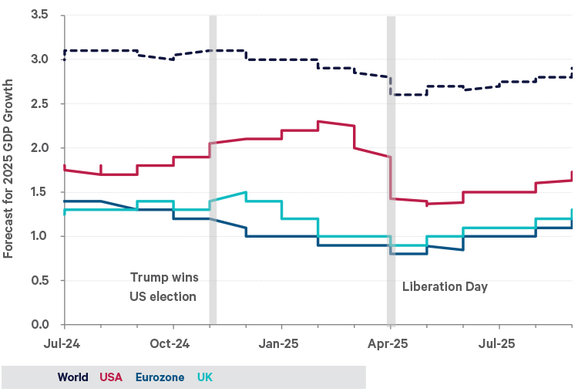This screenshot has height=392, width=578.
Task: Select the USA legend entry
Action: pyautogui.click(x=113, y=377)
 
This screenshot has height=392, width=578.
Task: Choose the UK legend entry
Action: pyautogui.click(x=205, y=377)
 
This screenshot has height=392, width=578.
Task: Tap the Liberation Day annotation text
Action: pyautogui.click(x=445, y=286)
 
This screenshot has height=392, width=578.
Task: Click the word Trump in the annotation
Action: pyautogui.click(x=146, y=277)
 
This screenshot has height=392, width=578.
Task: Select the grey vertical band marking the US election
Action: pyautogui.click(x=213, y=170)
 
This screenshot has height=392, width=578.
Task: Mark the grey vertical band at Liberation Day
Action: pyautogui.click(x=391, y=170)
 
